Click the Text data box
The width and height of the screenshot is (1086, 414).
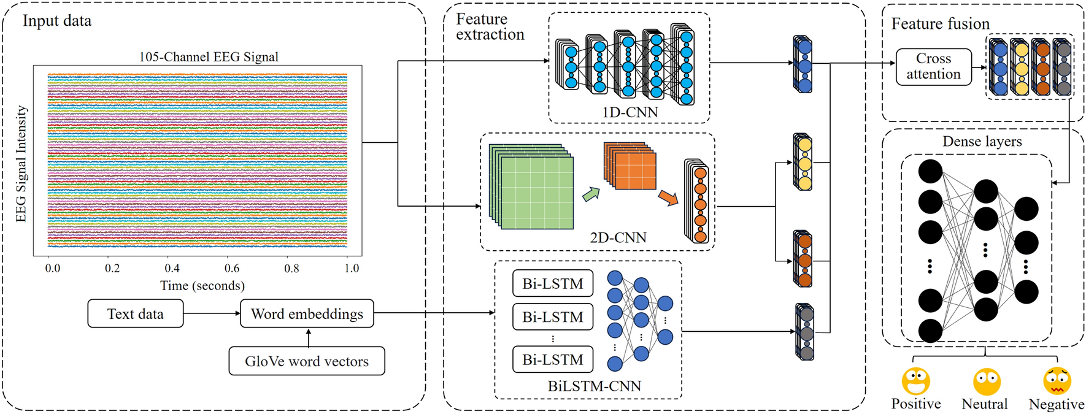(135, 313)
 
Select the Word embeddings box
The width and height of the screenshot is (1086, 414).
(307, 313)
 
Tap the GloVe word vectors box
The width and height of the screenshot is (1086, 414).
(307, 361)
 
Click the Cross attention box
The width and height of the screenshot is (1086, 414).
(933, 66)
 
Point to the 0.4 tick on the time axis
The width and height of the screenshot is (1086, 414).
(172, 268)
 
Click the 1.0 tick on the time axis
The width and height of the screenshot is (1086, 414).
(351, 268)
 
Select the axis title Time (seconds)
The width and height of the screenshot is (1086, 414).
(202, 286)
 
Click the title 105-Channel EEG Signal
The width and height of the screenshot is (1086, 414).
(209, 56)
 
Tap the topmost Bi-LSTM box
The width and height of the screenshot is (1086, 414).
(553, 284)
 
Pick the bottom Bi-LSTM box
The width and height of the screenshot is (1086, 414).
(553, 359)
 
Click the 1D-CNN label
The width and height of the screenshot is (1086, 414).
(630, 112)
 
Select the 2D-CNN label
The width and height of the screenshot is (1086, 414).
(618, 237)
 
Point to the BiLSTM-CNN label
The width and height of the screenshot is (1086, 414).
(594, 386)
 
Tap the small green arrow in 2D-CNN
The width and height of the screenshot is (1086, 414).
(590, 194)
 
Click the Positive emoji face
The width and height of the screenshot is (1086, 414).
(915, 381)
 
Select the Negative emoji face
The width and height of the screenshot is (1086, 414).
(1057, 381)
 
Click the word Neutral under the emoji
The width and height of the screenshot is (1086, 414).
(984, 404)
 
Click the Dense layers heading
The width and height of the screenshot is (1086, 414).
(982, 142)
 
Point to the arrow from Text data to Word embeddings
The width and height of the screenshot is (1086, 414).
(212, 313)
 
